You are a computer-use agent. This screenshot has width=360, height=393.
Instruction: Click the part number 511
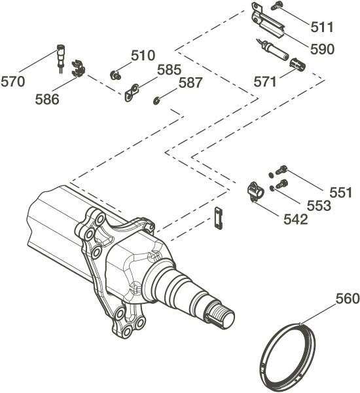[322, 27]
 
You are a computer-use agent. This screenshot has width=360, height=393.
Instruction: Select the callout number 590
[323, 49]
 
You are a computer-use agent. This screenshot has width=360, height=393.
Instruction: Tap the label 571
[265, 82]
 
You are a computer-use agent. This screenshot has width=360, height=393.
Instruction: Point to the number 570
[13, 82]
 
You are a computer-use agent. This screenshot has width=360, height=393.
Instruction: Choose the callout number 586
[47, 100]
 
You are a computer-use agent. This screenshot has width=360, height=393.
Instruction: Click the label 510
[143, 56]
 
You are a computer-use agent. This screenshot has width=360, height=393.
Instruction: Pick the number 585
[169, 69]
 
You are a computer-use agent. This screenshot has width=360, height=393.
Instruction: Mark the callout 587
[190, 83]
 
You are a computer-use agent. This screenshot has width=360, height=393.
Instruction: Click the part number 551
[341, 193]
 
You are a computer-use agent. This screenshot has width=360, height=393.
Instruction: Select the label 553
[319, 206]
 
